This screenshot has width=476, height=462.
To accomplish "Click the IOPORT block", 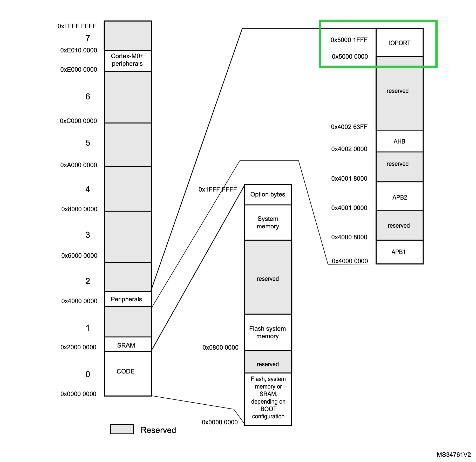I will [x=399, y=43].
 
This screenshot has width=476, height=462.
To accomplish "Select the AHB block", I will [x=399, y=141].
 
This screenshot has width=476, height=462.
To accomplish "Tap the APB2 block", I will [x=399, y=197].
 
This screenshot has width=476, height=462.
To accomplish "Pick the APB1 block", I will [x=399, y=252].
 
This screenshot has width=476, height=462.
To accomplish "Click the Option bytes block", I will [x=268, y=194].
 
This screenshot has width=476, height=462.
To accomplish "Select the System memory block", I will [x=268, y=222].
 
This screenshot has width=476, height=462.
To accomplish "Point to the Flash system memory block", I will [x=268, y=332].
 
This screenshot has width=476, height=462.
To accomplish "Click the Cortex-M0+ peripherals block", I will [x=127, y=60].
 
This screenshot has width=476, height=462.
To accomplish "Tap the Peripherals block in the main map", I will [x=126, y=299].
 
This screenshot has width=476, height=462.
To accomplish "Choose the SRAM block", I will [x=126, y=345].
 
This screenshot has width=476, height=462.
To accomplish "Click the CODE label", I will [x=126, y=371].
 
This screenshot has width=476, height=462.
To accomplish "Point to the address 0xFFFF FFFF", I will [x=77, y=26].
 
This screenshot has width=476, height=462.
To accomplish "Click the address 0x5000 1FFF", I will [x=349, y=40].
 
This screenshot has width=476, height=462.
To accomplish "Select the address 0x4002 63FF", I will [x=349, y=127].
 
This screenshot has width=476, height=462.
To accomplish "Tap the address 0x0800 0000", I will [x=220, y=348].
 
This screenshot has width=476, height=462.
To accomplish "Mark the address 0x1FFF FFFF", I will [x=217, y=189].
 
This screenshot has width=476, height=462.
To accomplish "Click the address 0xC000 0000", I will [x=78, y=121].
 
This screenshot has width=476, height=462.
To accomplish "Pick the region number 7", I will [x=88, y=38].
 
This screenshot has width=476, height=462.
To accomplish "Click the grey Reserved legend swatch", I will [x=122, y=429].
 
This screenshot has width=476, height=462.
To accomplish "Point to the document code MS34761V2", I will [x=453, y=454].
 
